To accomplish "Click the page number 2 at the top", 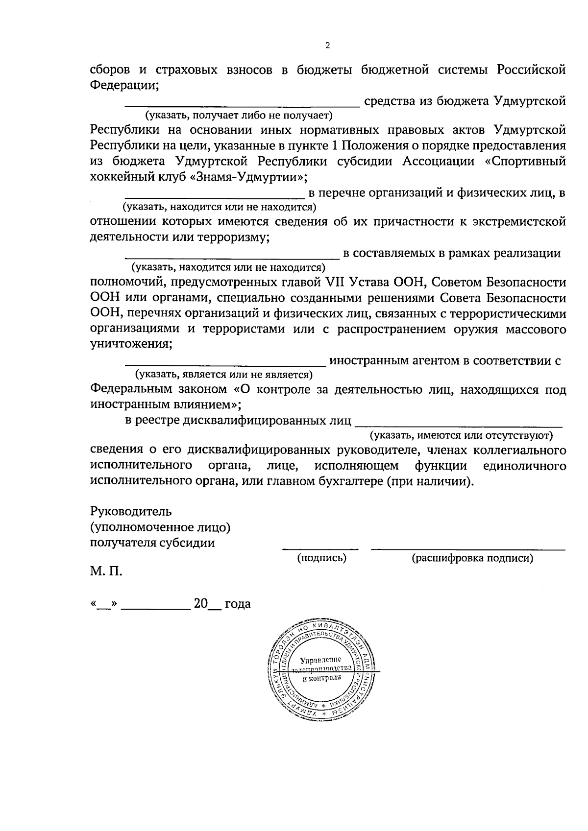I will [x=328, y=46].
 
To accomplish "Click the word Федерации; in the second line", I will [x=124, y=85].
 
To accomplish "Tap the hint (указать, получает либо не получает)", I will [x=238, y=116].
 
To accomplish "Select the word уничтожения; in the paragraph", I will [x=131, y=344].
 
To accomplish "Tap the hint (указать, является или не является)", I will [x=224, y=375].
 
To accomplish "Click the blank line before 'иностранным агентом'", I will [x=225, y=364].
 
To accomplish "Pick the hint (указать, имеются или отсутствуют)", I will [x=461, y=435].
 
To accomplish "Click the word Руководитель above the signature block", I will [x=131, y=512].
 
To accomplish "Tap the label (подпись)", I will [x=322, y=558].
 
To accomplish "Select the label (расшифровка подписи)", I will [x=472, y=558].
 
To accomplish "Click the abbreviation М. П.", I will [x=106, y=571].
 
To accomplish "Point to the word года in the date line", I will [x=238, y=604].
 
